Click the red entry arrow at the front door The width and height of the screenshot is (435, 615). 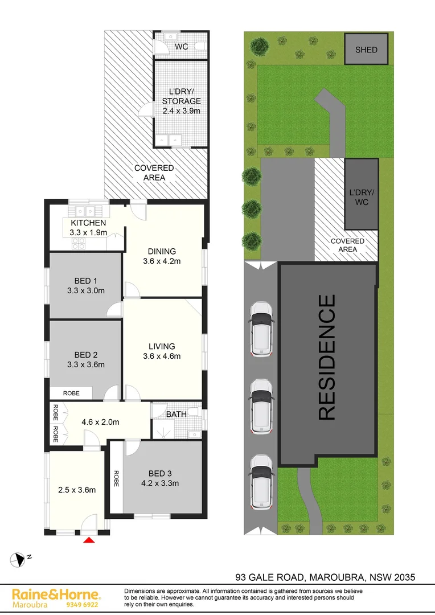pos(89,539)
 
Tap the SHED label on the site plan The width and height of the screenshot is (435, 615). pos(366,50)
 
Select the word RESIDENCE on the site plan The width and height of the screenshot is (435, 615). pos(327,357)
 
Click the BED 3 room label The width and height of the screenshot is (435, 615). pos(160,474)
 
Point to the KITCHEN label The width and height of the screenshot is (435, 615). pos(88,223)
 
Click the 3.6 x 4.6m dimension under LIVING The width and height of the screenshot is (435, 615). pos(162,356)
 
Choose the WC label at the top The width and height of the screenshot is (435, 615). pos(182,46)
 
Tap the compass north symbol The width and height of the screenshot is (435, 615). pos(20,559)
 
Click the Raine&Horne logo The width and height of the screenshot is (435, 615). pos(56,594)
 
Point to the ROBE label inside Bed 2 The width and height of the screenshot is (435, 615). pos(71,393)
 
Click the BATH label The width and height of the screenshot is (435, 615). pos(176,414)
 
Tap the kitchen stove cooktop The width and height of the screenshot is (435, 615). pos(79,244)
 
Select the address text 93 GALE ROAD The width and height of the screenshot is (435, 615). pos(272,577)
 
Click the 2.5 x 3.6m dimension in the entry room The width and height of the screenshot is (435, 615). pos(77,490)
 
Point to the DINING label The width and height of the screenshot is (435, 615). pos(162,251)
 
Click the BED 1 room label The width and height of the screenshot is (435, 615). pos(86,281)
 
